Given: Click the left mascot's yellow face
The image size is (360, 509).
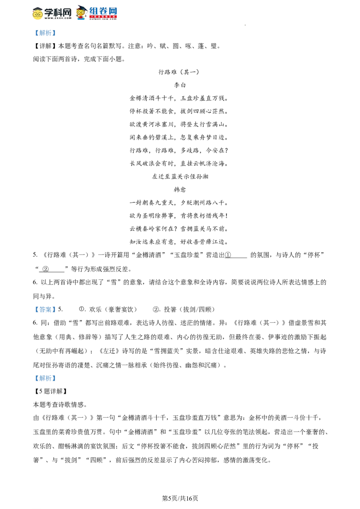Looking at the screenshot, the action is coord(37,17).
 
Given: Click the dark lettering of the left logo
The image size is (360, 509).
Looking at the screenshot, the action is coord(58,13).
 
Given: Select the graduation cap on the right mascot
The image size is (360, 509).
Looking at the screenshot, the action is coord(81,8).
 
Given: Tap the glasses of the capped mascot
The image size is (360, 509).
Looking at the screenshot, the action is coord(81,12).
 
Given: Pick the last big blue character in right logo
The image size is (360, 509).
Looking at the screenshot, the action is coord(113,10).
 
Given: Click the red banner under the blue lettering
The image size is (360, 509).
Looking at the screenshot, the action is coord(103,17).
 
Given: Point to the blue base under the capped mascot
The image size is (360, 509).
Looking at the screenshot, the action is coord(81,19).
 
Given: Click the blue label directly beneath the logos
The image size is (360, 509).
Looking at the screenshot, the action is coord(45,32).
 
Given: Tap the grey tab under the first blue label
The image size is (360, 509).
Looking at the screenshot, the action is coord(47,38).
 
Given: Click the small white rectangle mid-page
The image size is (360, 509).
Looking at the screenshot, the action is coord(130,275).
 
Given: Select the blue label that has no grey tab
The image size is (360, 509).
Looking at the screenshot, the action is coord(45,309).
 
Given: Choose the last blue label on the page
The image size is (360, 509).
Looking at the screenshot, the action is coord(45,378).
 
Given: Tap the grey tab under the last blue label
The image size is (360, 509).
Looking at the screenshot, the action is coord(47,383).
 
